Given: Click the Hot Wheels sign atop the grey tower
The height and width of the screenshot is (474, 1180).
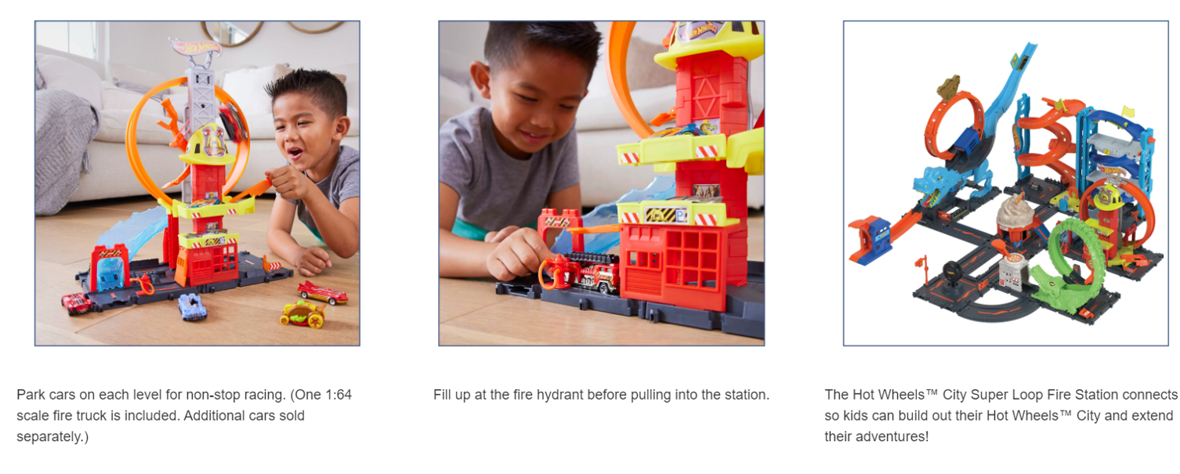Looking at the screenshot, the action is pos(195,47).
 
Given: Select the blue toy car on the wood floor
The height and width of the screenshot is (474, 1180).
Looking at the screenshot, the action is pos(192,306).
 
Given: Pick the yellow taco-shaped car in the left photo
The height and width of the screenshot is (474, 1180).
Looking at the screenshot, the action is pos(303,314).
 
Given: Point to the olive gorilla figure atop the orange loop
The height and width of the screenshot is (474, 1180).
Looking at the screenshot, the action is pos(948,88).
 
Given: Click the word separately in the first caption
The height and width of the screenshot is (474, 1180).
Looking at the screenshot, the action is pos(51,436).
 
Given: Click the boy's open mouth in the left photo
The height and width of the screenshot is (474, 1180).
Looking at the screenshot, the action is pos(294,154).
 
